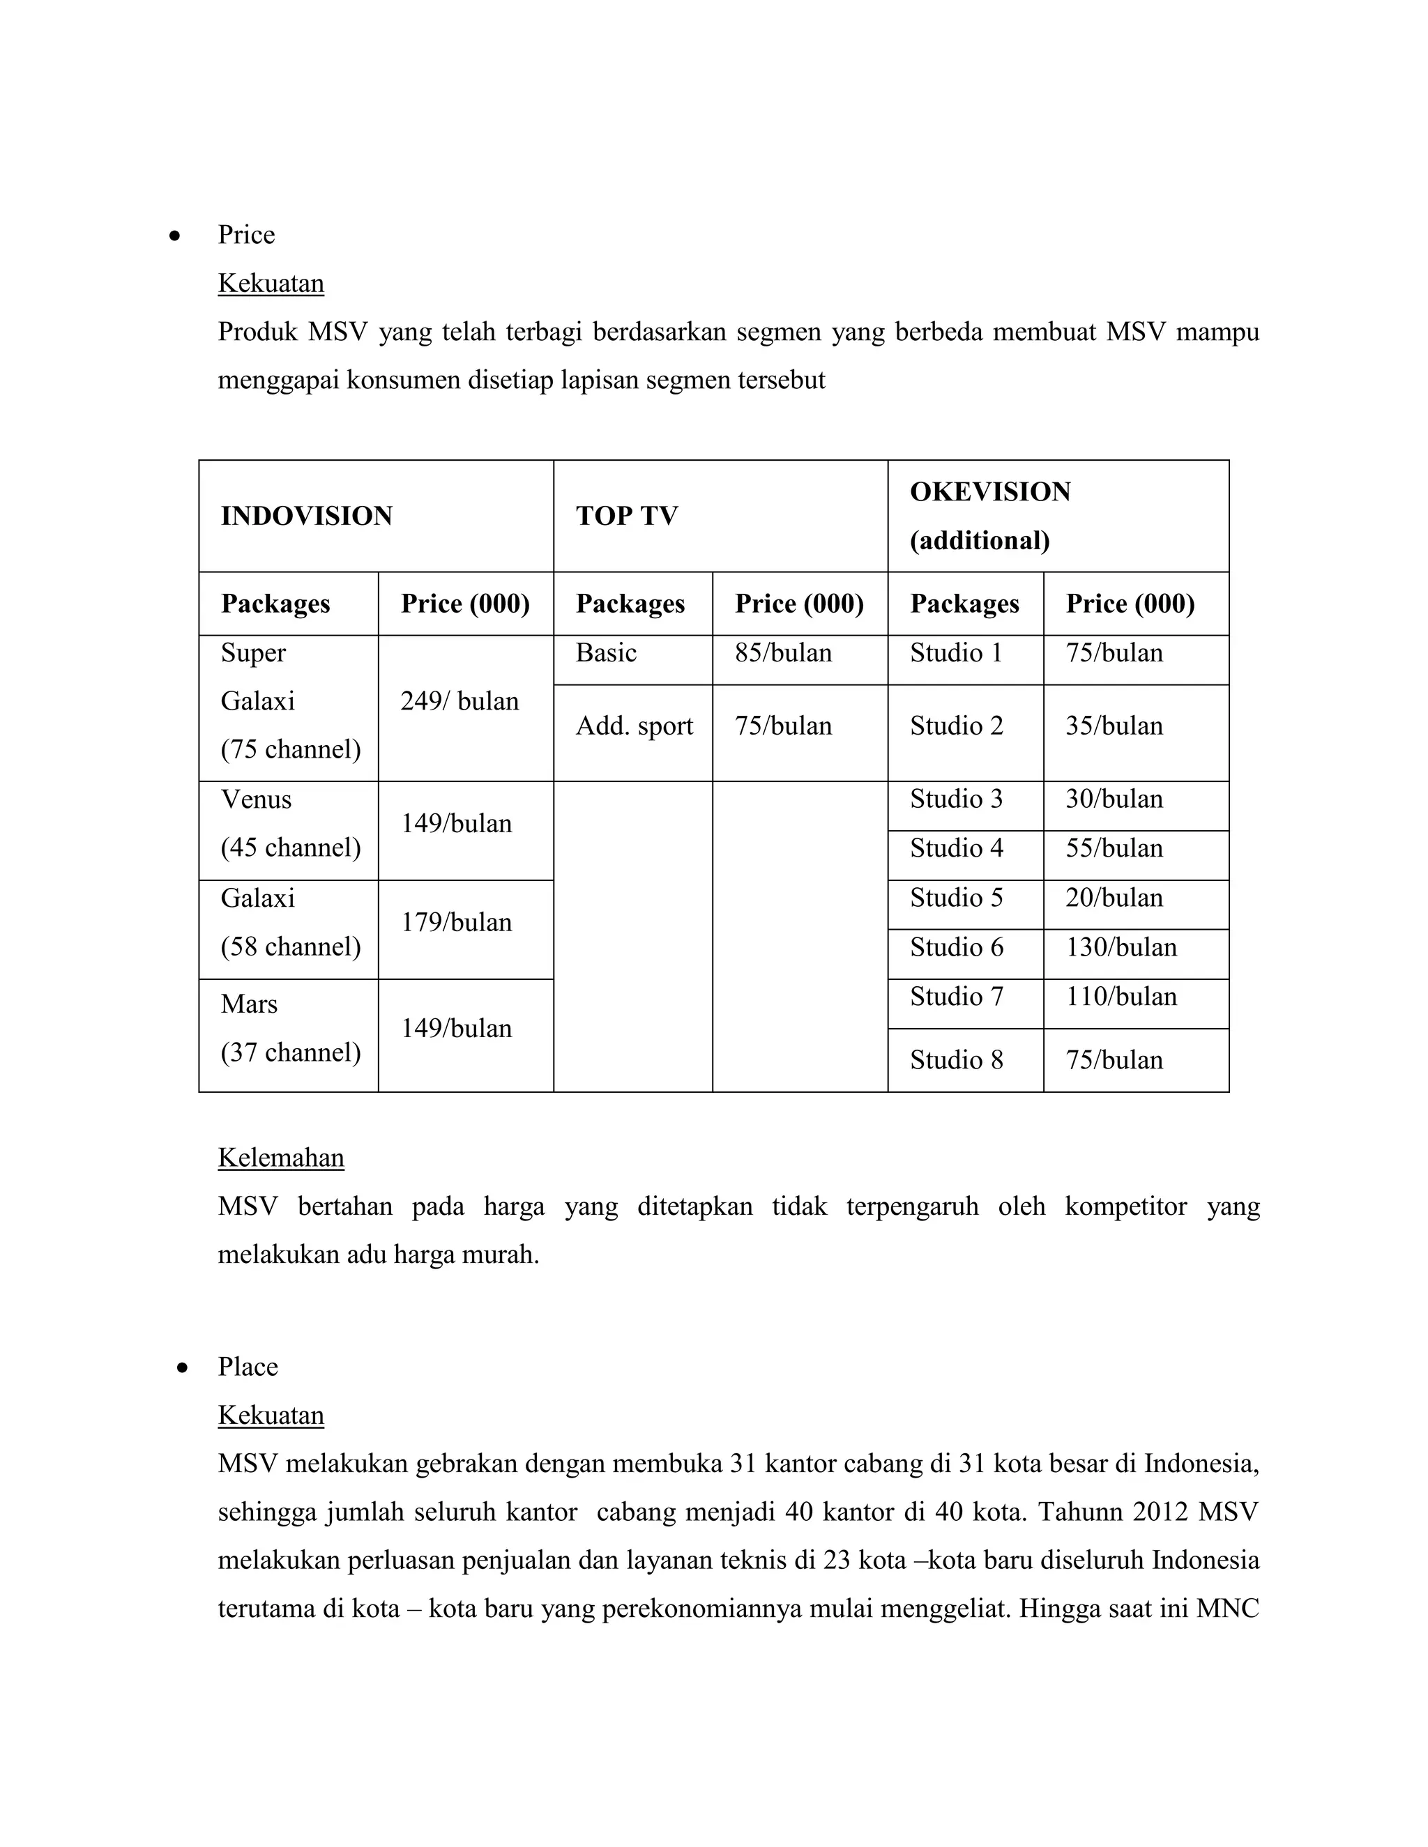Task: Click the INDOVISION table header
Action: (x=306, y=516)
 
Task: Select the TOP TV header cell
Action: (x=626, y=516)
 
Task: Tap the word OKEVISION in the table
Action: (x=990, y=491)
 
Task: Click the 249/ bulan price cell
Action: (x=459, y=701)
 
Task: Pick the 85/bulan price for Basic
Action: (x=783, y=653)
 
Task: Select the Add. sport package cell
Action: (x=634, y=726)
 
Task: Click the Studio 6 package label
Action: (x=956, y=947)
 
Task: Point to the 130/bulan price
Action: (x=1121, y=947)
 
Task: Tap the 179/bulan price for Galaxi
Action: (x=456, y=922)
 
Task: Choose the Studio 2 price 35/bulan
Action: (x=1114, y=726)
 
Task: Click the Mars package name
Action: (x=249, y=1004)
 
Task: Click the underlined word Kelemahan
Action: (x=281, y=1157)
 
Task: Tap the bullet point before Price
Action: (x=174, y=236)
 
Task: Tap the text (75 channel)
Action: (x=290, y=749)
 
